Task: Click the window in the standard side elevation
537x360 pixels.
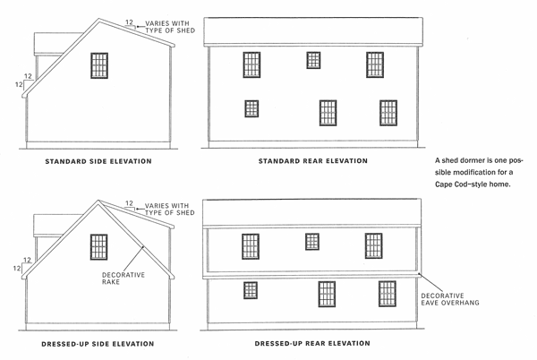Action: [99, 65]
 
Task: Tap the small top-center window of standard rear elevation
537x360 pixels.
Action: [313, 60]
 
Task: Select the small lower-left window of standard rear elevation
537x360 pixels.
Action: [251, 108]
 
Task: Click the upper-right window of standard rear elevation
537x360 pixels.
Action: [375, 64]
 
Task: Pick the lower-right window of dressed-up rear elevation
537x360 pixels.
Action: [388, 294]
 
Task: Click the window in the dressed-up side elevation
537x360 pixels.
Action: [99, 247]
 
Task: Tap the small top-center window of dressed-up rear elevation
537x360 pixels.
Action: [312, 242]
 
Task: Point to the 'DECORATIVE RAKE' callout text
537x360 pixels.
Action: [124, 279]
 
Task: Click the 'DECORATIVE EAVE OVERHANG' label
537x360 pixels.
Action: [450, 299]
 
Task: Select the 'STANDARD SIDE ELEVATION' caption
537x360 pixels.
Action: [98, 161]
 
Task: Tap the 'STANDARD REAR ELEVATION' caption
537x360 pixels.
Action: [313, 161]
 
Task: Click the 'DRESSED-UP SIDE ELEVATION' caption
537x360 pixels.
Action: [98, 344]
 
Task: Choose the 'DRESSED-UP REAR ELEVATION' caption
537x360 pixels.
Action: [312, 343]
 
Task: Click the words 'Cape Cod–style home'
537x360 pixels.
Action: [473, 184]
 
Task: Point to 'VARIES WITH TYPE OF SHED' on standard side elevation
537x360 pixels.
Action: [170, 27]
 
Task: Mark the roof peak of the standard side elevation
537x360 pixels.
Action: [99, 19]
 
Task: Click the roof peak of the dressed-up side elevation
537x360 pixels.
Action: [98, 201]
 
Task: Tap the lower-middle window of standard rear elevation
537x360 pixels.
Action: [328, 113]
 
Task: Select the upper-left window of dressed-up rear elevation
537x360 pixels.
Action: [251, 246]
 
